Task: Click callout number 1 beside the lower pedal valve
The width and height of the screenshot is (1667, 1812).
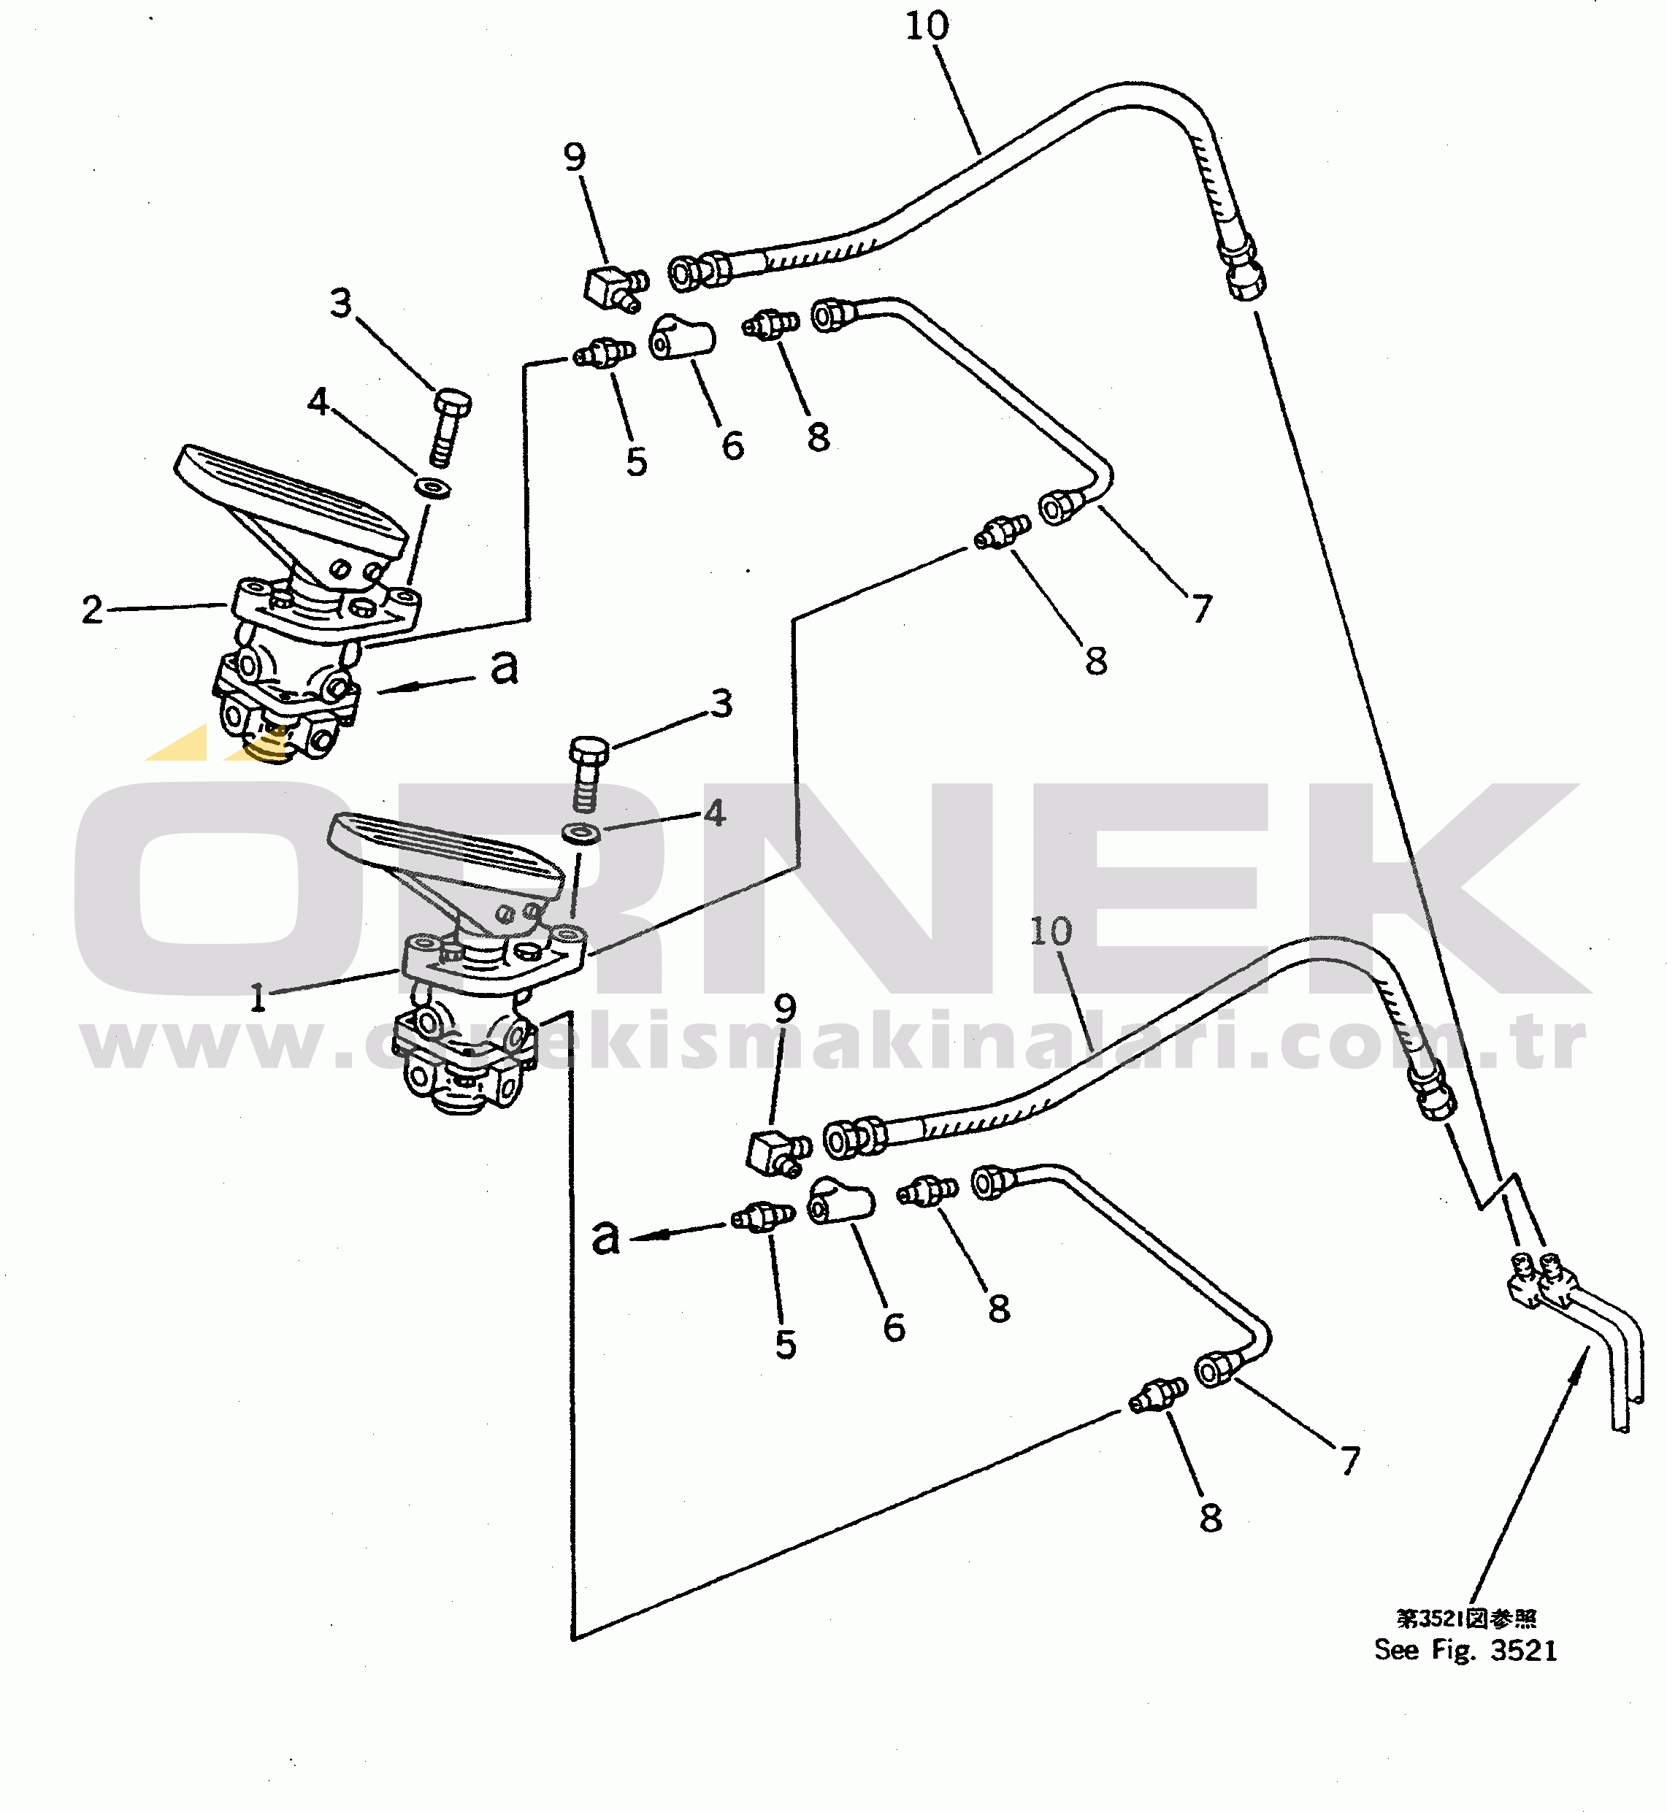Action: (258, 997)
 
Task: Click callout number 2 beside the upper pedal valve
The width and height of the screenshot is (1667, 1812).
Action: (92, 610)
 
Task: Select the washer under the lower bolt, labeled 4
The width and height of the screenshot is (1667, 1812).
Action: (582, 832)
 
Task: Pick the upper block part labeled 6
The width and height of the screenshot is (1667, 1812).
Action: (682, 337)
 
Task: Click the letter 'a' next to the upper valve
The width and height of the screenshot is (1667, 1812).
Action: (505, 667)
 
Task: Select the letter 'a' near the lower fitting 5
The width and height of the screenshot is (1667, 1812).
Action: (605, 1237)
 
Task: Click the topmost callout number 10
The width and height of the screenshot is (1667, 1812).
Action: (927, 26)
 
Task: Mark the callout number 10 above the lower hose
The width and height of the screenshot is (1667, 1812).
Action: (1051, 932)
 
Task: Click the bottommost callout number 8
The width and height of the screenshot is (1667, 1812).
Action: (1211, 1518)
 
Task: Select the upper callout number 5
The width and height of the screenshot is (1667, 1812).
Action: (637, 462)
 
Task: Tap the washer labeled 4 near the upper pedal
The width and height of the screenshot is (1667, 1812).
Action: (433, 487)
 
